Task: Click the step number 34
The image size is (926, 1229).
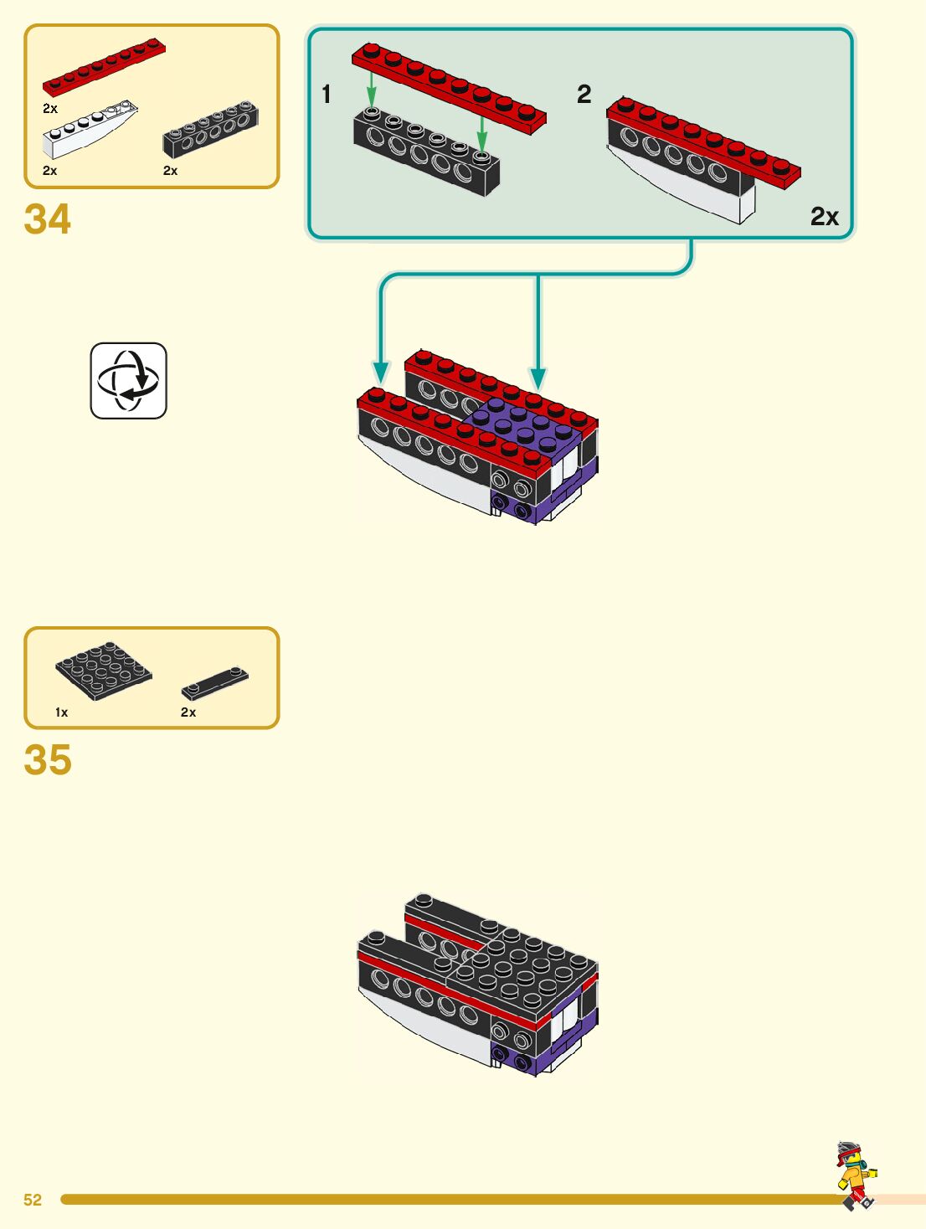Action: pyautogui.click(x=48, y=219)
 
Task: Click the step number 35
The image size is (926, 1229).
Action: pyautogui.click(x=48, y=760)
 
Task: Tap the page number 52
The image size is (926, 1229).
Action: pyautogui.click(x=33, y=1200)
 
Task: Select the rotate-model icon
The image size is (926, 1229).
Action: pyautogui.click(x=128, y=380)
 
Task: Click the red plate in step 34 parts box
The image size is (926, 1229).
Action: pyautogui.click(x=104, y=66)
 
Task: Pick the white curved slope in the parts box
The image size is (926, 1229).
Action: pyautogui.click(x=89, y=129)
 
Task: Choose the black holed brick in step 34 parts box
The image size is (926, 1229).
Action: pyautogui.click(x=210, y=130)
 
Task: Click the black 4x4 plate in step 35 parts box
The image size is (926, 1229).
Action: pyautogui.click(x=104, y=669)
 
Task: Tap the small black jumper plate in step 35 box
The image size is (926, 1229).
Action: pyautogui.click(x=215, y=682)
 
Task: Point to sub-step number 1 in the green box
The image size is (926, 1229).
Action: pyautogui.click(x=327, y=95)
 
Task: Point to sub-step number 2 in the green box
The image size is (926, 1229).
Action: pyautogui.click(x=584, y=95)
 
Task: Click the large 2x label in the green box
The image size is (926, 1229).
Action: pyautogui.click(x=824, y=217)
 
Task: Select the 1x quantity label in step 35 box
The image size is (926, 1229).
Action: pyautogui.click(x=61, y=712)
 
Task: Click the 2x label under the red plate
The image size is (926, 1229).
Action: pyautogui.click(x=50, y=109)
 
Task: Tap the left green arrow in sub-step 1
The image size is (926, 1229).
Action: pyautogui.click(x=372, y=90)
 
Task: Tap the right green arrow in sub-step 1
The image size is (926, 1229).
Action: pyautogui.click(x=482, y=133)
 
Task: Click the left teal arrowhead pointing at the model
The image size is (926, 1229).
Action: pyautogui.click(x=381, y=372)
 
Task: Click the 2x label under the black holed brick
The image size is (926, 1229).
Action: pyautogui.click(x=170, y=171)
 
